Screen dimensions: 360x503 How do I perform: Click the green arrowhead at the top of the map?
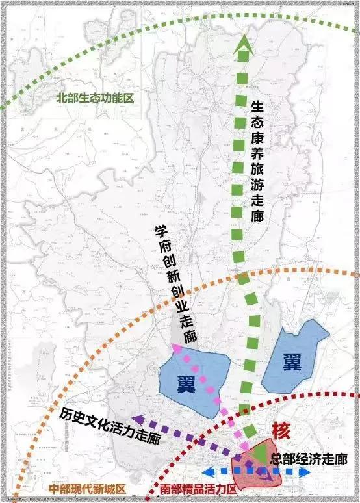point(244,44)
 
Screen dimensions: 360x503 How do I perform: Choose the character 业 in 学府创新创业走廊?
point(181,303)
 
